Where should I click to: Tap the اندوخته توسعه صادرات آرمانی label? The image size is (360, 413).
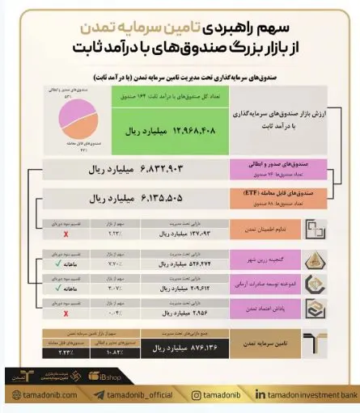click(267, 284)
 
